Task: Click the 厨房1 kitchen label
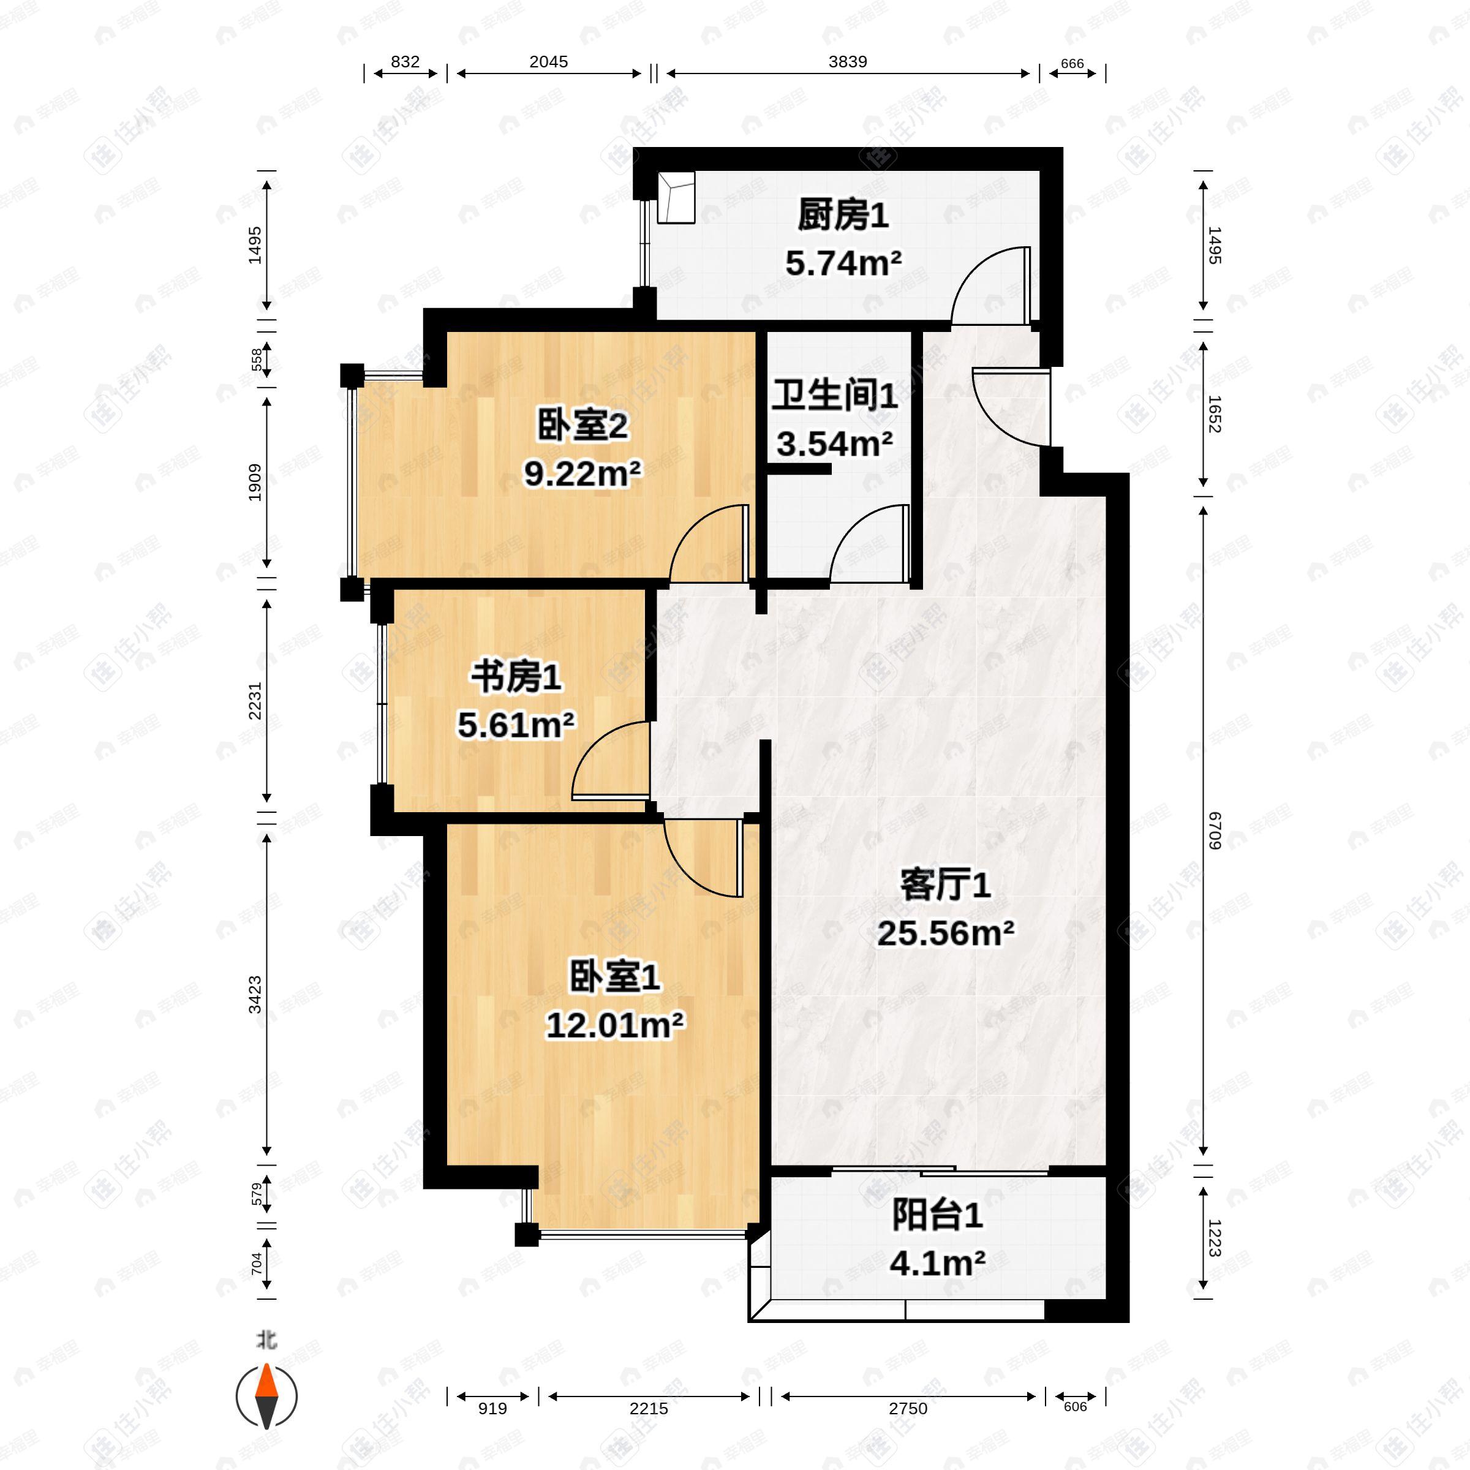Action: [843, 216]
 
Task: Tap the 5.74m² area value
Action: [843, 263]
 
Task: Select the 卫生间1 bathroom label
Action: [835, 396]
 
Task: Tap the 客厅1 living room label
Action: [945, 885]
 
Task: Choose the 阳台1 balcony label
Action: [937, 1215]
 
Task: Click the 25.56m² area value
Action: [945, 933]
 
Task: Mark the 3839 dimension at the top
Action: [848, 62]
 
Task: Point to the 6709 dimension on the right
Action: [1215, 831]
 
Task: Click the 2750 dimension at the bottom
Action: [908, 1408]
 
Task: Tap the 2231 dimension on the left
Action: [255, 700]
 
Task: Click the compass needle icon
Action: [266, 1396]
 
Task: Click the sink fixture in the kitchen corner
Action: [676, 198]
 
